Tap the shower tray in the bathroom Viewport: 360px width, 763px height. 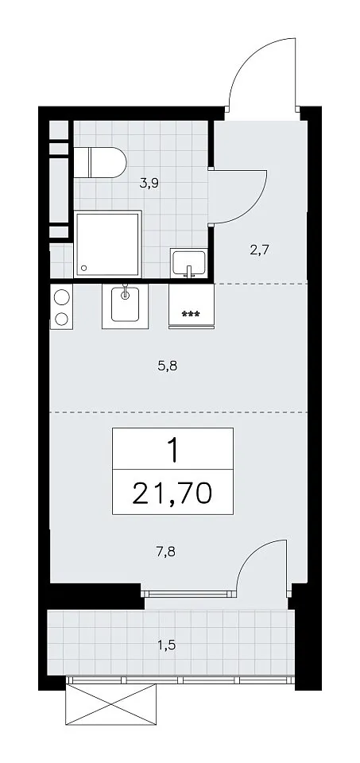[108, 244]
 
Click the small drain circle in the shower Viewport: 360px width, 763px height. [85, 268]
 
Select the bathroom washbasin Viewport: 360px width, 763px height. [189, 263]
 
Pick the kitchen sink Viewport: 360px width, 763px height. [126, 306]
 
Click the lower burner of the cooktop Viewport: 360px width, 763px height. [62, 319]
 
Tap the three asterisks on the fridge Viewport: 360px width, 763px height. [192, 315]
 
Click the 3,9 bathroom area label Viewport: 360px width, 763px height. [150, 184]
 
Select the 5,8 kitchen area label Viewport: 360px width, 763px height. [167, 366]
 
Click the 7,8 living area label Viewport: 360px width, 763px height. [167, 552]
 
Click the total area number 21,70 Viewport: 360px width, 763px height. [172, 493]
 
